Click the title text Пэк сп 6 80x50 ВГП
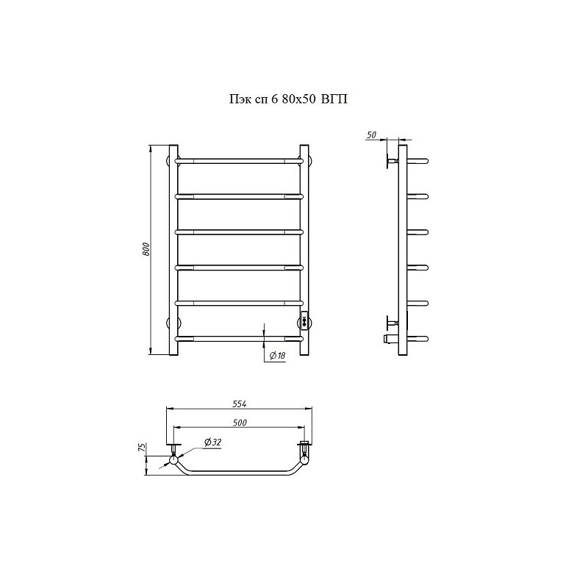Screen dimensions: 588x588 click(288, 99)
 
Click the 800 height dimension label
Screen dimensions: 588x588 click(146, 249)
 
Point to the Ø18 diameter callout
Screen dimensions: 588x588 click(278, 356)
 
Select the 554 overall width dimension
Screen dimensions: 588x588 click(240, 404)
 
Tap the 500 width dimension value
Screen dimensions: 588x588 click(240, 423)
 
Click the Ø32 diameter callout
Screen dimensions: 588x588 click(212, 442)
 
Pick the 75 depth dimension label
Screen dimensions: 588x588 click(141, 448)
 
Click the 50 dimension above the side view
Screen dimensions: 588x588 click(371, 135)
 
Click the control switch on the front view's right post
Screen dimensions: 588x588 click(304, 321)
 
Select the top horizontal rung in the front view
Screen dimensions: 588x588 click(239, 161)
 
